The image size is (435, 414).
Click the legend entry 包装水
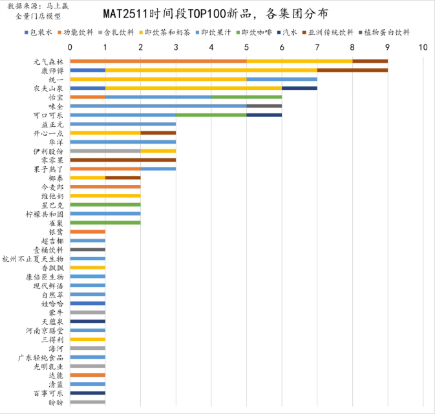click(41, 32)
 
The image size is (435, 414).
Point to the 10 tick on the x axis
click(423, 47)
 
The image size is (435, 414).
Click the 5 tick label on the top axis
click(247, 47)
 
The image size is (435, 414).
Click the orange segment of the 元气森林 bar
click(158, 61)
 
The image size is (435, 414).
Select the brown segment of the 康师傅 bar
click(352, 70)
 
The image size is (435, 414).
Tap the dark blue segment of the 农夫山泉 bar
click(299, 88)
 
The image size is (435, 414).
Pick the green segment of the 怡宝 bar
click(246, 97)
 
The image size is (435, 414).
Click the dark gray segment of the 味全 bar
click(264, 105)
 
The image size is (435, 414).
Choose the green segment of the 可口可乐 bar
click(211, 114)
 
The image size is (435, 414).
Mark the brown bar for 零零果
click(123, 159)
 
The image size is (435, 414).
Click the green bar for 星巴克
click(105, 204)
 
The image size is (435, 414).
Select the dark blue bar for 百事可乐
click(87, 393)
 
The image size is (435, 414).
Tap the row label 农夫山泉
click(50, 88)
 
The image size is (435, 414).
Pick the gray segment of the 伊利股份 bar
click(105, 150)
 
